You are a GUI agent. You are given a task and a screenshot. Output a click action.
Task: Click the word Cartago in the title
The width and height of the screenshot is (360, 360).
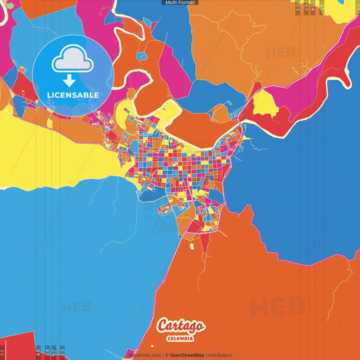(180, 326)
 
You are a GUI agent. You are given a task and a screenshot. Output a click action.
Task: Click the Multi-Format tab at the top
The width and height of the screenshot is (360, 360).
(180, 3)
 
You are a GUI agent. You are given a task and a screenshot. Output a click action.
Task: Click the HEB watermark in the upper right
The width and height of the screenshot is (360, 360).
(280, 52)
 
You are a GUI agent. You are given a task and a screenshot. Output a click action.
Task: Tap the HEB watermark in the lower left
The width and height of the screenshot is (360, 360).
(76, 307)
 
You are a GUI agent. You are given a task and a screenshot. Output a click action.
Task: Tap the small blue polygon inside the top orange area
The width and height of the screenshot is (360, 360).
(143, 58)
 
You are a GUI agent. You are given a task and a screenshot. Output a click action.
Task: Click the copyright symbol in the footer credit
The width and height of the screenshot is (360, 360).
(166, 355)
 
